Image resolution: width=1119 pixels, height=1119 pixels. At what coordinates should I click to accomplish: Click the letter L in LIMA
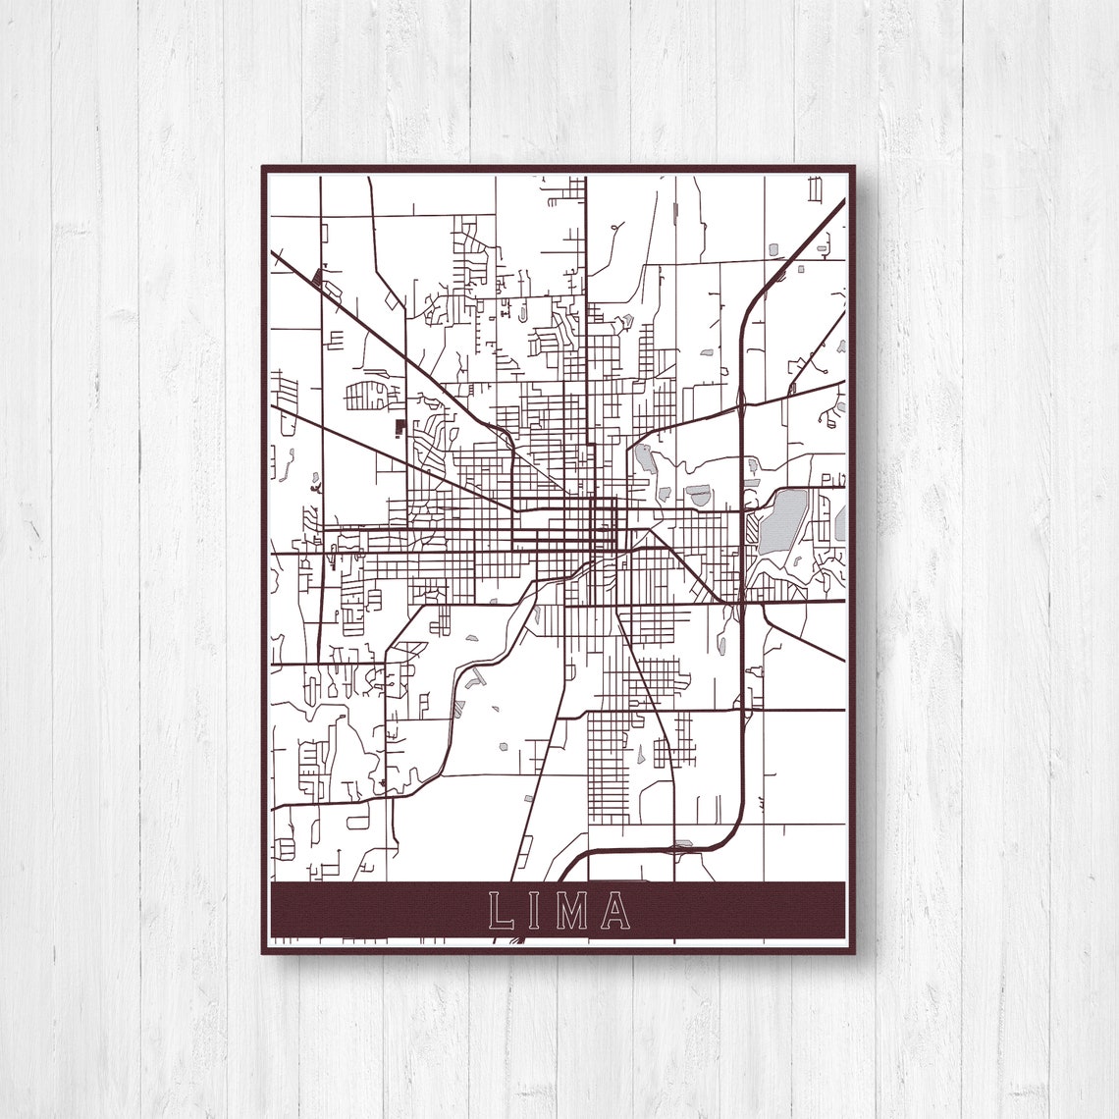[501, 911]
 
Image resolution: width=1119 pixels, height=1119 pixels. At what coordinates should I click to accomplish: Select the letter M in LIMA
[572, 911]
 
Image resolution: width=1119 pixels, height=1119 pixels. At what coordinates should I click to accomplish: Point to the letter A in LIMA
[615, 911]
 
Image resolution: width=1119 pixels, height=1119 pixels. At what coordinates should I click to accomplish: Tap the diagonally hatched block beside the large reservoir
[752, 530]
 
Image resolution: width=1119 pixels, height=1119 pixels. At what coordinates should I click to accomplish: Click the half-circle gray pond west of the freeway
[698, 495]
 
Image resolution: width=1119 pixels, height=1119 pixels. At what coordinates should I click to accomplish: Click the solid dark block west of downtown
[400, 427]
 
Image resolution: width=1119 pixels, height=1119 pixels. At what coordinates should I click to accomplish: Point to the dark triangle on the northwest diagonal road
[315, 278]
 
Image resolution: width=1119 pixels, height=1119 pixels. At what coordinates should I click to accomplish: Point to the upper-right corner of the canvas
[855, 167]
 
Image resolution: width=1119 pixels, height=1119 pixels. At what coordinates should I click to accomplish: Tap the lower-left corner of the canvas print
[262, 952]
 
